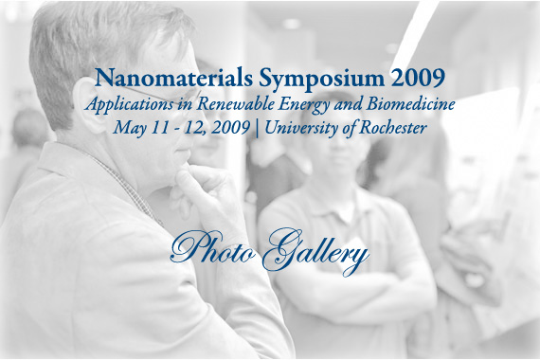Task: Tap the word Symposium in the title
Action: click(x=321, y=80)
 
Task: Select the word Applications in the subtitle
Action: click(x=130, y=105)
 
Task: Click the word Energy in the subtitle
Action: click(x=304, y=105)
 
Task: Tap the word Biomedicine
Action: click(x=410, y=104)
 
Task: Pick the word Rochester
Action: click(x=393, y=128)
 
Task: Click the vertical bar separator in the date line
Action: click(x=258, y=129)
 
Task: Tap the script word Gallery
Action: click(x=316, y=251)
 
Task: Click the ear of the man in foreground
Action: click(x=89, y=105)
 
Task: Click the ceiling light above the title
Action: click(x=292, y=24)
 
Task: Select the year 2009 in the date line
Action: click(x=231, y=128)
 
